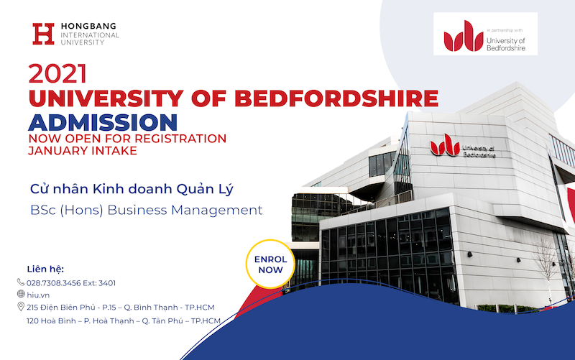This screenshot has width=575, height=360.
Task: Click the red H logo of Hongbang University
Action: coord(43,34)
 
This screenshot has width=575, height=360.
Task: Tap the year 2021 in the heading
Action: coord(57,74)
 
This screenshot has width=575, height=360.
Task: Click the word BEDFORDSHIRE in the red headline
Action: coord(336,98)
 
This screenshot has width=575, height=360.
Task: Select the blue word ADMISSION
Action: coord(103,122)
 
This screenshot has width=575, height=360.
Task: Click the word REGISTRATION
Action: coord(180,139)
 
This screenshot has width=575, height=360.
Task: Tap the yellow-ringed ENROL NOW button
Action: coord(271,264)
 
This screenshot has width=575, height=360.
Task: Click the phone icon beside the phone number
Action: coord(21,282)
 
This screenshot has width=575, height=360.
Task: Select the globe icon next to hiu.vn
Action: coord(21,294)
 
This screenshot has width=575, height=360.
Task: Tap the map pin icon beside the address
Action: coord(21,307)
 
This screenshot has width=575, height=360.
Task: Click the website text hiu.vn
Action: coord(38,295)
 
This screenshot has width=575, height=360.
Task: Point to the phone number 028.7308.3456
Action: coord(53,283)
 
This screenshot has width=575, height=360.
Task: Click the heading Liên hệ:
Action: coord(45,269)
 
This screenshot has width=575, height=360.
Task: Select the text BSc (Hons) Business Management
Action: coord(147,211)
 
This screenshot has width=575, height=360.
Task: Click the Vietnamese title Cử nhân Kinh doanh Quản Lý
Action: coord(132,189)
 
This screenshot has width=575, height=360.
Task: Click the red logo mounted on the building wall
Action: coord(445,145)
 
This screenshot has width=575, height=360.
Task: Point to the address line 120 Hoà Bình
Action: coord(124,320)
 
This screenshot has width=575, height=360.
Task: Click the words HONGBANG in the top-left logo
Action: coord(88,26)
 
